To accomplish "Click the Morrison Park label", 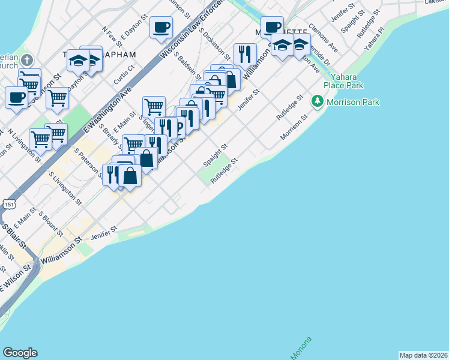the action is (x=353, y=103).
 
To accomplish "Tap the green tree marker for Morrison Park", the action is (x=318, y=103).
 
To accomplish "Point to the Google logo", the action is (x=20, y=353).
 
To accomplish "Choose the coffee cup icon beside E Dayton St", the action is (x=161, y=27).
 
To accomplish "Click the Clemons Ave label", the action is (x=324, y=40).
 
